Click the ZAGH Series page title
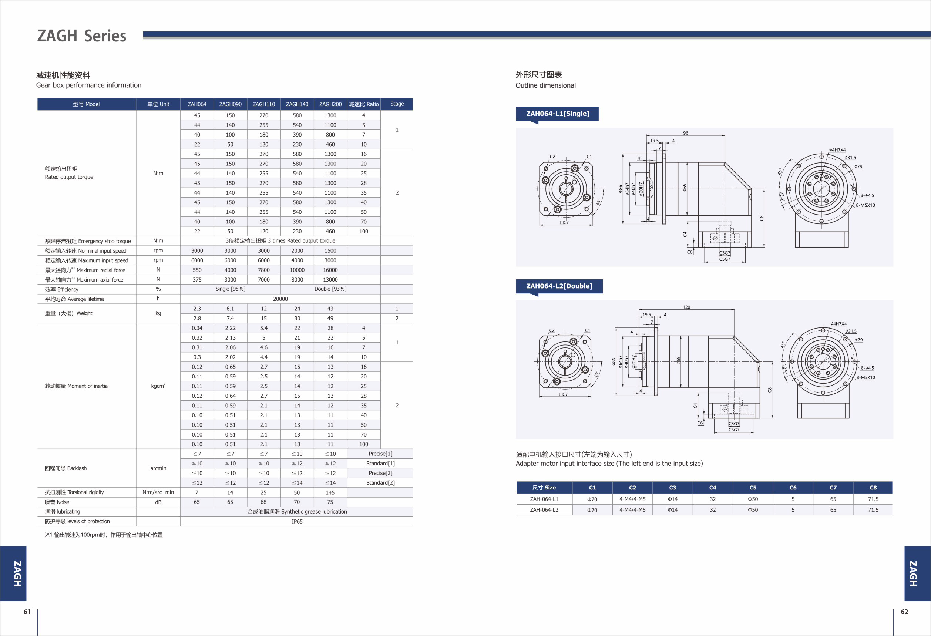[x=82, y=36]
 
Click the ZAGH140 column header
[x=297, y=104]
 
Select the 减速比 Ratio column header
[x=364, y=104]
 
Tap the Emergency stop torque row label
[x=88, y=241]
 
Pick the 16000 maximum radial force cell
[x=330, y=270]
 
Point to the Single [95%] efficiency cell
[x=231, y=289]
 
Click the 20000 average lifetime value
[x=280, y=299]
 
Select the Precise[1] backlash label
[x=380, y=454]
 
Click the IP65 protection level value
[x=297, y=521]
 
